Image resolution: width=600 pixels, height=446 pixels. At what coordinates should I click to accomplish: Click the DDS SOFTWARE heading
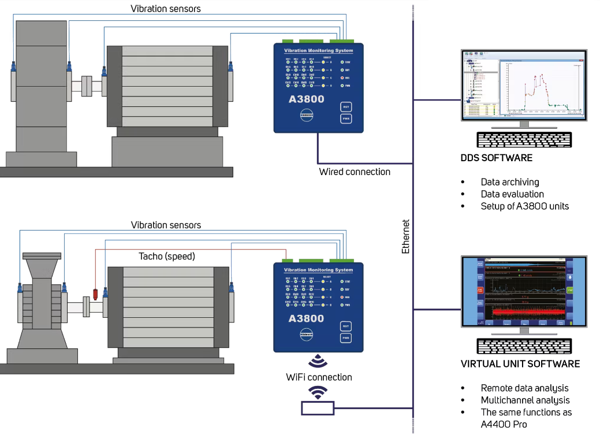coord(496,158)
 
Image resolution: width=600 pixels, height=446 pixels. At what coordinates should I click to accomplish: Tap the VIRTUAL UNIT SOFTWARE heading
coord(520,364)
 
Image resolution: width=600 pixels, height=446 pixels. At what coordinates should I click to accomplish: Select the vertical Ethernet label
coord(405,236)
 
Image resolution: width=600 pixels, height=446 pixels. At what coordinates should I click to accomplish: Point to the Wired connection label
coord(355,172)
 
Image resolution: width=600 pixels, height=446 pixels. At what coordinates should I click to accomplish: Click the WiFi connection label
coord(319,377)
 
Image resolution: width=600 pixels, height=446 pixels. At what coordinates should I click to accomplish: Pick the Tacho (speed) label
coord(167,256)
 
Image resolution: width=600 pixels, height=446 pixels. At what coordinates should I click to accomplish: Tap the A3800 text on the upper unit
coord(306,99)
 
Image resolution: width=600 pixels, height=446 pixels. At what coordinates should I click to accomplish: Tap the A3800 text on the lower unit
coord(306,318)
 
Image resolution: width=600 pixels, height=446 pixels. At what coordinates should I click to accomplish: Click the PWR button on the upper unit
coord(346,118)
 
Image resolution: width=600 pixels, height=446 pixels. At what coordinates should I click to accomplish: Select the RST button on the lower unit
coord(346,326)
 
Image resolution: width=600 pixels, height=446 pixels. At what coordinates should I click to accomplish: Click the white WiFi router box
coord(317,408)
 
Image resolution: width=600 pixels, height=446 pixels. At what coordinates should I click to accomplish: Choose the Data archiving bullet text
coord(510,182)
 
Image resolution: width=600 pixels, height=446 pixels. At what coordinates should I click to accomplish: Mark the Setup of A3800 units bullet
coord(524,206)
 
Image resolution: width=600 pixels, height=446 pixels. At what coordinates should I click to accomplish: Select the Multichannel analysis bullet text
coord(525,400)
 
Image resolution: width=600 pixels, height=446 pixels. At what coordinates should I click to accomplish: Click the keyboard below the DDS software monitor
coord(524,140)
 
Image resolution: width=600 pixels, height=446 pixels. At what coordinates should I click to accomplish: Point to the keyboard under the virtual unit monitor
coord(524,345)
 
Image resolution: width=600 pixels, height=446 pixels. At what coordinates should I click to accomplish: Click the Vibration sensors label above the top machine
coord(165,9)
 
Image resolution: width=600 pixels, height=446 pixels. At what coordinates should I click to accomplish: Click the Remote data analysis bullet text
coord(524,388)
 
